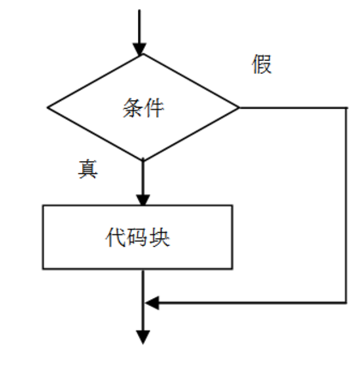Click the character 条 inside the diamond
[x=133, y=108]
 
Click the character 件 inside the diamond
[x=154, y=108]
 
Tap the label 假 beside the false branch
[x=261, y=64]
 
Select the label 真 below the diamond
[x=87, y=169]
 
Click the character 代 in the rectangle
[x=116, y=237]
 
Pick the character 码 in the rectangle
[x=137, y=237]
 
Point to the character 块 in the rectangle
[x=159, y=237]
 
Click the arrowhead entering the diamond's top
[x=140, y=49]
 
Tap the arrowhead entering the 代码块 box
[x=143, y=200]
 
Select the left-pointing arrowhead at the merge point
[x=152, y=302]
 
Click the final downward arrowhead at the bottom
[x=143, y=338]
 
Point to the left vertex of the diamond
[x=47, y=108]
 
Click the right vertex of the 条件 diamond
[x=239, y=108]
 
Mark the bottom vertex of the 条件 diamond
[x=143, y=160]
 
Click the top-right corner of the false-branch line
[x=346, y=108]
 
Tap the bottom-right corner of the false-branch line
[x=346, y=302]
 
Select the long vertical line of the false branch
[x=346, y=205]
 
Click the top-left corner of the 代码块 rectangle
[x=43, y=206]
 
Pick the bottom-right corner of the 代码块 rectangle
[x=232, y=268]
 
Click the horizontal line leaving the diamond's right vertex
[x=293, y=108]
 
